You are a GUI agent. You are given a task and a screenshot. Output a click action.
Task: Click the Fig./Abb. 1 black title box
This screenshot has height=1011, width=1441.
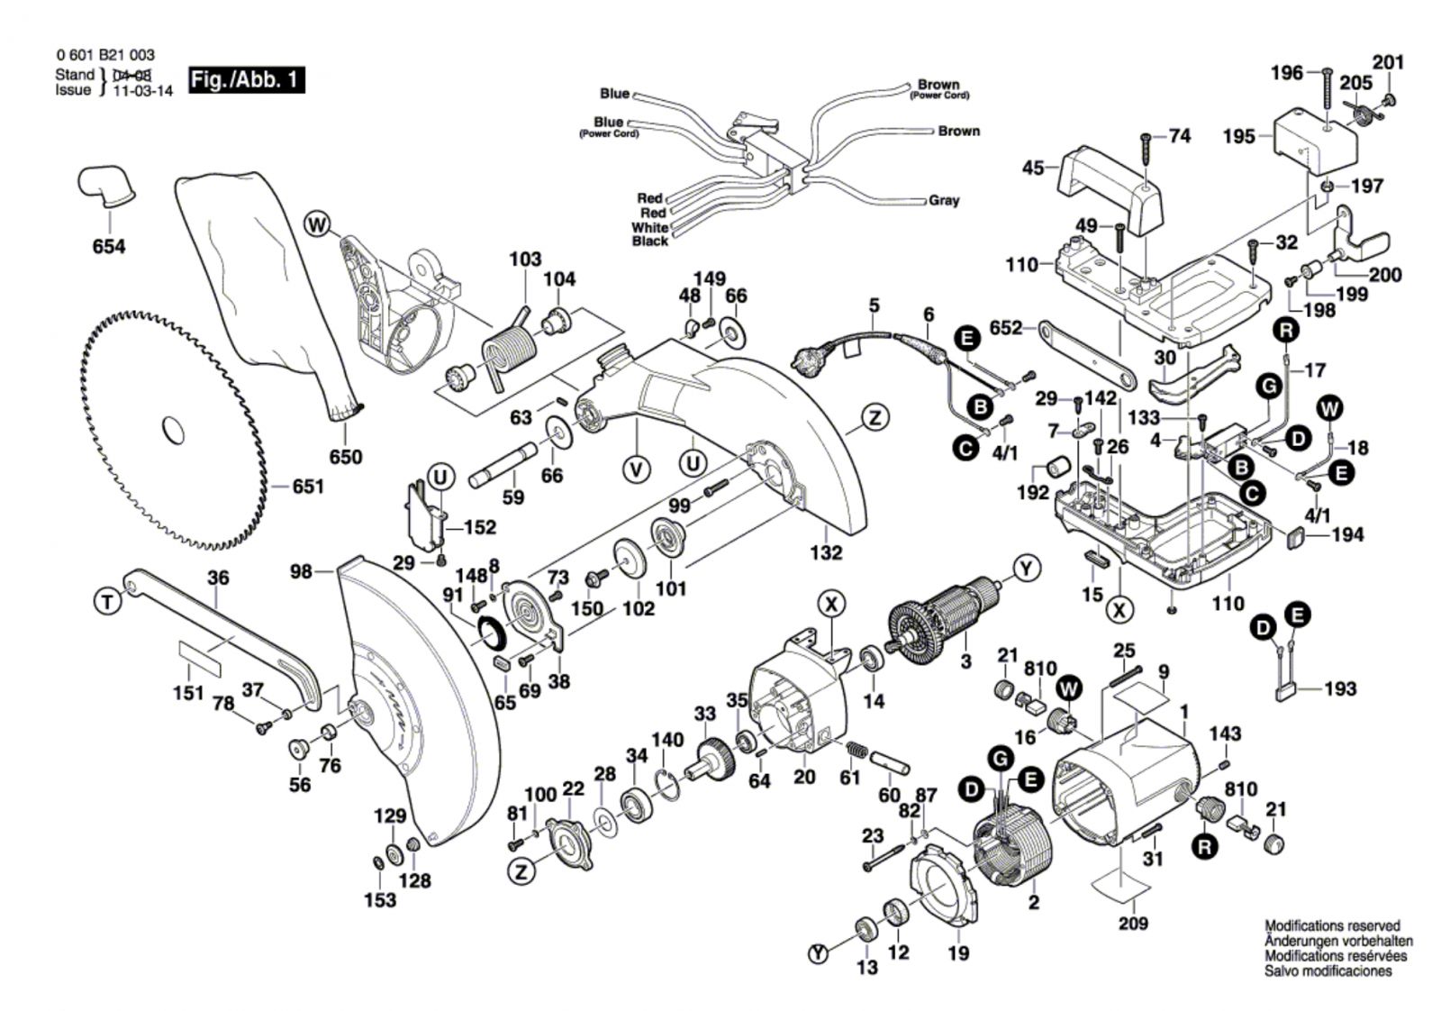(x=246, y=79)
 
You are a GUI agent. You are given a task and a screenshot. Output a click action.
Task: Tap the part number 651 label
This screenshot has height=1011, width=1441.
(x=307, y=487)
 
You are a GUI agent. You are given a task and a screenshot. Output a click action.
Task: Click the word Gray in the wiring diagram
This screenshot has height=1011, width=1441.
(x=944, y=200)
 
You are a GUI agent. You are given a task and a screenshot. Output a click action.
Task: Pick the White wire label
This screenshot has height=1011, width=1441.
(x=649, y=227)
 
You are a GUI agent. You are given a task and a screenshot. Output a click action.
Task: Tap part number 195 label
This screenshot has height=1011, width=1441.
(x=1238, y=136)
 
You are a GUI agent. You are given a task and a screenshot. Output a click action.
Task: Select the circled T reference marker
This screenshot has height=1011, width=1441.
(x=108, y=601)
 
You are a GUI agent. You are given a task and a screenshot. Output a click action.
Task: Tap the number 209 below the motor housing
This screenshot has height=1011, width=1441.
(x=1133, y=922)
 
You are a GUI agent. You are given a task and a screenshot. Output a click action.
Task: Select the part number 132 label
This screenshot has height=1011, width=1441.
(x=825, y=551)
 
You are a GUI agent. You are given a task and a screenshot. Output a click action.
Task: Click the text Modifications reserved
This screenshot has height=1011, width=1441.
(x=1332, y=925)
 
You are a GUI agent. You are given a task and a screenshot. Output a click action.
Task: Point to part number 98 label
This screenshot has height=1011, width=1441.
(x=301, y=571)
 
